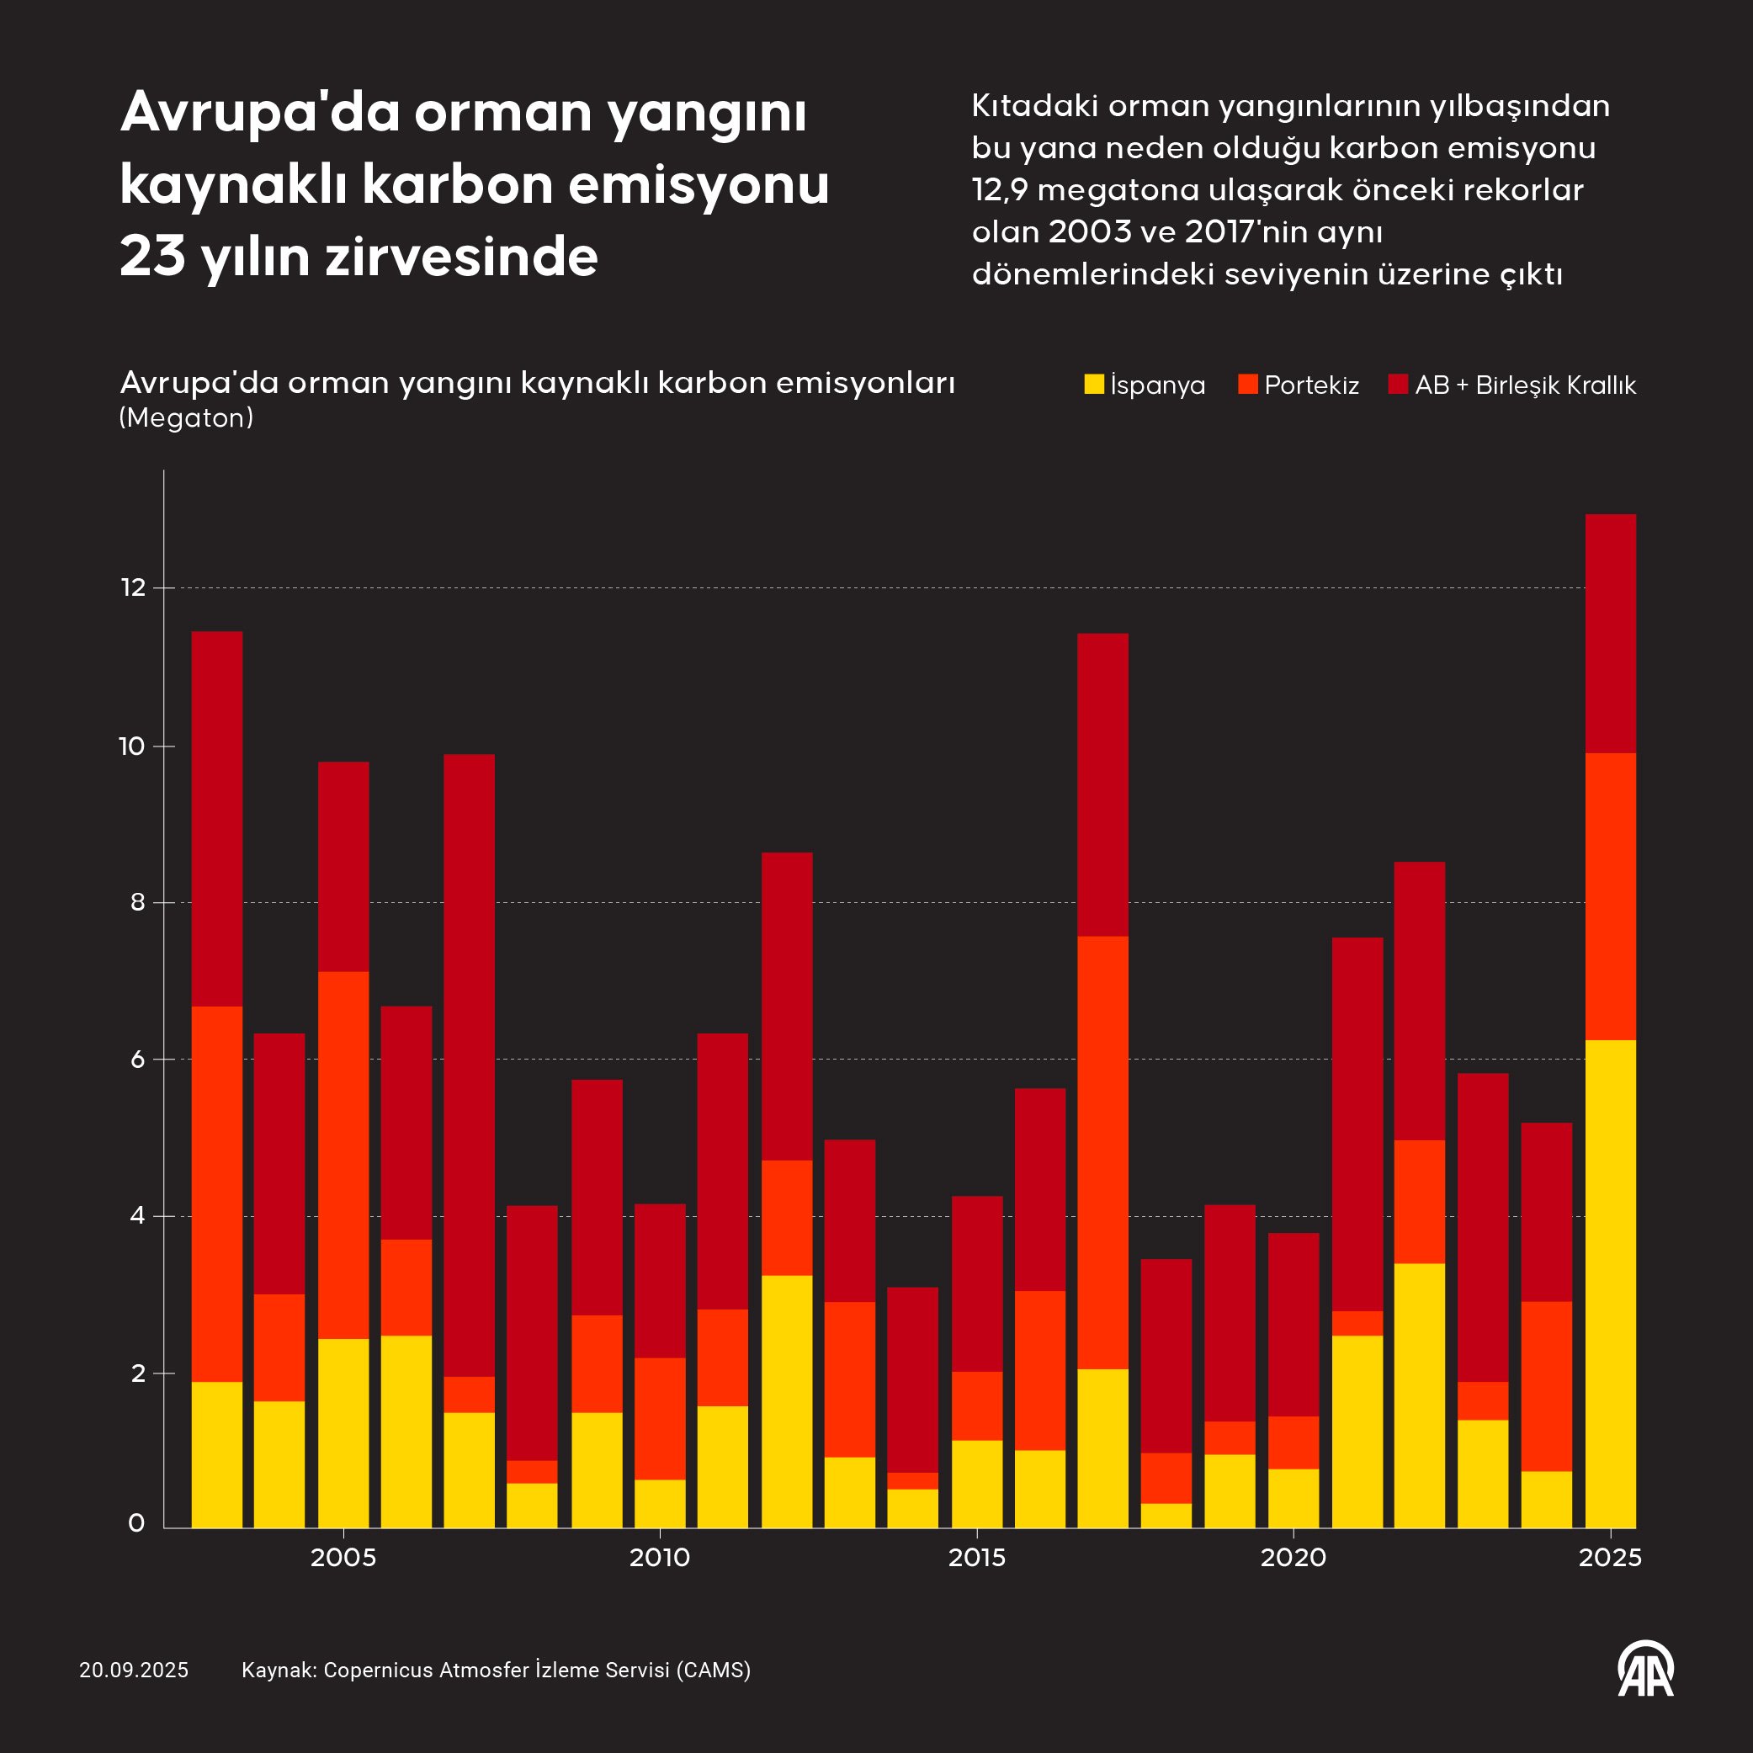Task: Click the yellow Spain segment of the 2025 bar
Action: pyautogui.click(x=1610, y=1283)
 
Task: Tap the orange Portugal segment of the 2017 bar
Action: pyautogui.click(x=1102, y=1152)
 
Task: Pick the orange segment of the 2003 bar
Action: pyautogui.click(x=217, y=1194)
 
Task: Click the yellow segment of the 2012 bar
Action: pyautogui.click(x=787, y=1401)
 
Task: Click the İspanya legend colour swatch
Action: pyautogui.click(x=1094, y=384)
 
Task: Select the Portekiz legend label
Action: pyautogui.click(x=1311, y=385)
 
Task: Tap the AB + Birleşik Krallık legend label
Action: pyautogui.click(x=1524, y=385)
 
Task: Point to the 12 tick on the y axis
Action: pyautogui.click(x=133, y=587)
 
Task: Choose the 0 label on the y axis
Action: pyautogui.click(x=137, y=1522)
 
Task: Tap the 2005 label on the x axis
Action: pyautogui.click(x=343, y=1557)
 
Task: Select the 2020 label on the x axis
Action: pyautogui.click(x=1293, y=1557)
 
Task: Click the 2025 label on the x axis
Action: pyautogui.click(x=1610, y=1557)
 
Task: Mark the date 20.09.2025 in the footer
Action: pyautogui.click(x=133, y=1670)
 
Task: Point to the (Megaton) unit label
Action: pyautogui.click(x=186, y=417)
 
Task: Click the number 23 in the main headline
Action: pyautogui.click(x=152, y=256)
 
